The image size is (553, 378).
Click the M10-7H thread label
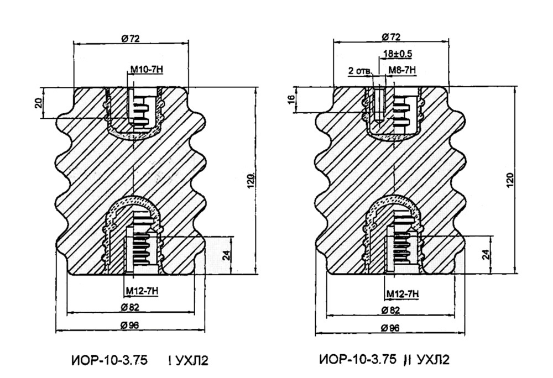145,70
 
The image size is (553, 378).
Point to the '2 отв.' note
360,71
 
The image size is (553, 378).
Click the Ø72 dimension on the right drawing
391,37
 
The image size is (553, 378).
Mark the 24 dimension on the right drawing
485,255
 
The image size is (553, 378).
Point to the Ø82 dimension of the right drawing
391,310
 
